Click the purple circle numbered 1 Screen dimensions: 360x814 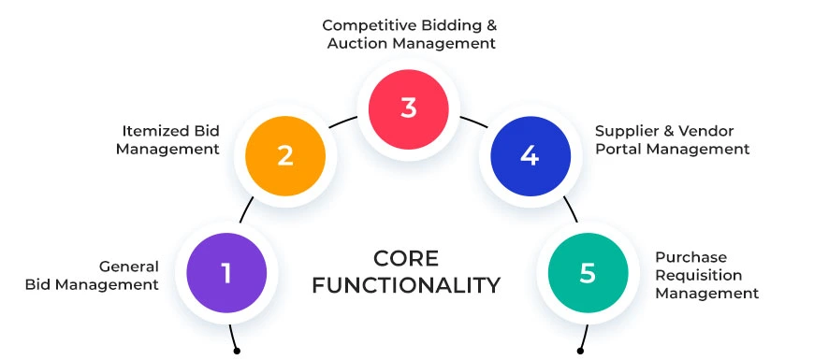(226, 273)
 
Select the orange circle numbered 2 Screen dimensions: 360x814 (285, 155)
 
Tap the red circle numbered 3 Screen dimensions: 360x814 (408, 108)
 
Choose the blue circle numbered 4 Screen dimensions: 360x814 (530, 155)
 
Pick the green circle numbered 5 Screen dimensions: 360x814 (588, 273)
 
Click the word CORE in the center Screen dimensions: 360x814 (406, 258)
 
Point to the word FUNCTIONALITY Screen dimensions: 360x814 (406, 284)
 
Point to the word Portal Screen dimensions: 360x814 (618, 149)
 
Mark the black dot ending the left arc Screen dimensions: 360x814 (237, 352)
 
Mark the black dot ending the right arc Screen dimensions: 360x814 (580, 352)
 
